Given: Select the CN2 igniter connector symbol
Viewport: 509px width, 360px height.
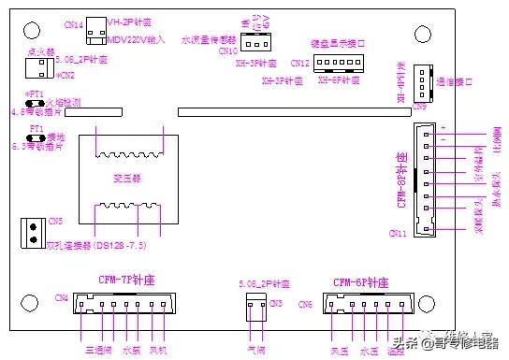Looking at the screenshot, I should click(38, 67).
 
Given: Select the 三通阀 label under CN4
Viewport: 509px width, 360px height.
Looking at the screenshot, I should click(99, 351).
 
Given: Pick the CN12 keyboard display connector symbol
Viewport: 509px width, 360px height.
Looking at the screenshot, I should click(330, 64).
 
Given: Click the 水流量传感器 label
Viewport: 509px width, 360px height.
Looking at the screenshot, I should click(209, 40).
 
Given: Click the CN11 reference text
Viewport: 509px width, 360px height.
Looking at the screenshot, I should click(398, 233).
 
